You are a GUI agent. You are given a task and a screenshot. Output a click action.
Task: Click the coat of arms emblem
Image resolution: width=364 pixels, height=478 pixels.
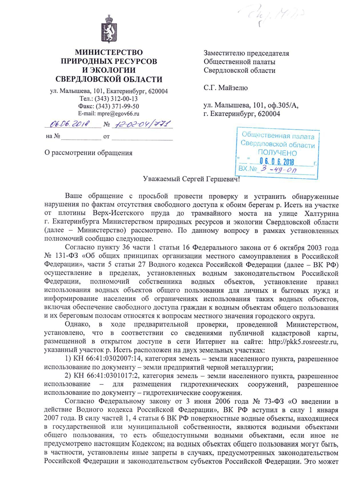coord(109,29)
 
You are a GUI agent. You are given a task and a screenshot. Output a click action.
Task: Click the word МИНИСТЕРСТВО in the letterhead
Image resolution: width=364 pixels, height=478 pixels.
coord(109,53)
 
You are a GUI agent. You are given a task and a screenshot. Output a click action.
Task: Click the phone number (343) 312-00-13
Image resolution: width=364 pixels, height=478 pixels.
coord(117,99)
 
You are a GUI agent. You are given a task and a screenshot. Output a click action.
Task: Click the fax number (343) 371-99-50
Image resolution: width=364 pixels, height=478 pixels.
coord(118,106)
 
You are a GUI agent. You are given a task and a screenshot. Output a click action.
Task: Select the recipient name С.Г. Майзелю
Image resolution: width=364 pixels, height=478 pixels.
coord(226,88)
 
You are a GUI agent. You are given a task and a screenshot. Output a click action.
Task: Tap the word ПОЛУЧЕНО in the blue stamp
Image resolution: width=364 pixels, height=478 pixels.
coord(277,153)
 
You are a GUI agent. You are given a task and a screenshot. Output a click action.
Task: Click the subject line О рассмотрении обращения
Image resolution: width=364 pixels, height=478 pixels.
coord(89,153)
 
